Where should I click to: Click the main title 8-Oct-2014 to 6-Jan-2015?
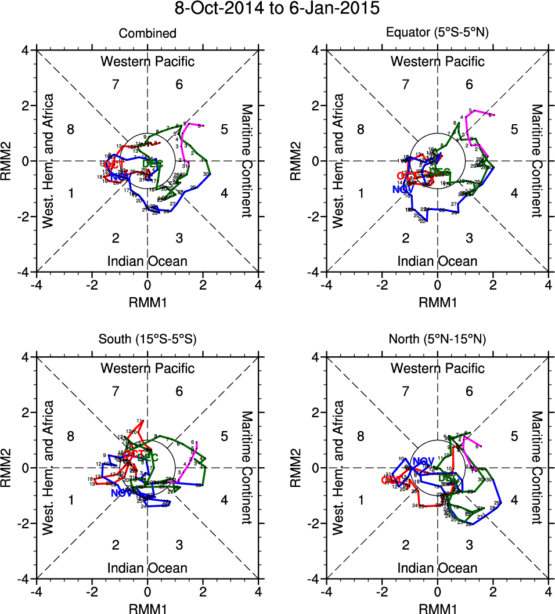tap(277, 9)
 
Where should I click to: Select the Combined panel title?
tap(147, 34)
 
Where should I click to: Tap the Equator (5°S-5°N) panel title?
tap(437, 34)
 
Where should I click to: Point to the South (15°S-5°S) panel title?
tap(147, 340)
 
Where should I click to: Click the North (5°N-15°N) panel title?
tap(437, 340)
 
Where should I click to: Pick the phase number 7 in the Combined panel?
tap(116, 85)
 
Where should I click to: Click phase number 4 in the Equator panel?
tap(514, 193)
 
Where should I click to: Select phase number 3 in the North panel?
tap(469, 544)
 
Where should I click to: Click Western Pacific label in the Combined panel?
tap(147, 62)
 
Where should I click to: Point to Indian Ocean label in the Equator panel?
tap(437, 261)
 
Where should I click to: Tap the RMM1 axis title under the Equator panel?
tap(437, 302)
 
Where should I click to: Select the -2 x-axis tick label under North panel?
tap(381, 591)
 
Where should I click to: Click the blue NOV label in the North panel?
tap(423, 461)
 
